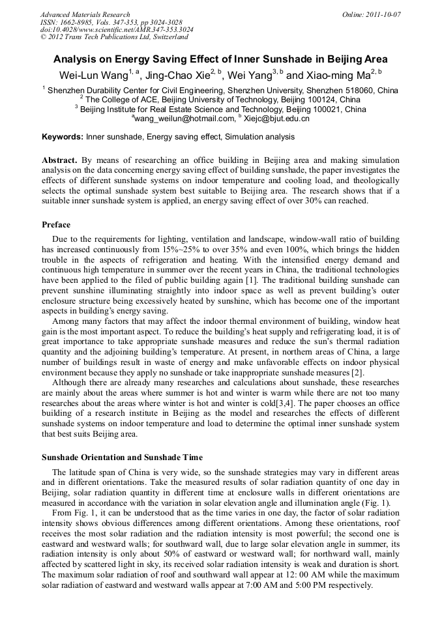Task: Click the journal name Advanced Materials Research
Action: click(x=85, y=14)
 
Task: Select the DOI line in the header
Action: click(x=117, y=29)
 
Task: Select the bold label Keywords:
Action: click(x=63, y=137)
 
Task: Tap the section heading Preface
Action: click(x=56, y=225)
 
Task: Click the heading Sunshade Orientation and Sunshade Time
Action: click(x=122, y=457)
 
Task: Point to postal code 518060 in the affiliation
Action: click(x=362, y=90)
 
